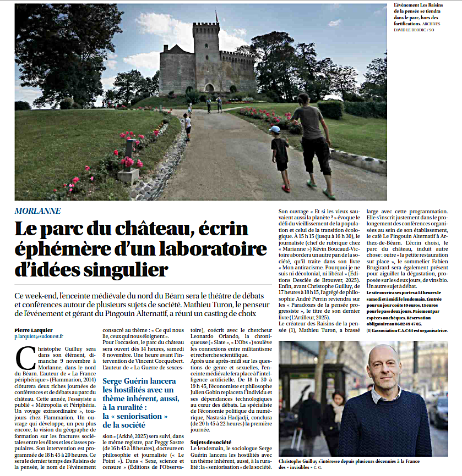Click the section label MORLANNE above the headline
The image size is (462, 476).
[37, 211]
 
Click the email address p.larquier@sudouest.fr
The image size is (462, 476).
[39, 336]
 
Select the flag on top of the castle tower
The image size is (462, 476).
[217, 16]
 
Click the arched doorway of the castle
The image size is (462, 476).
[209, 87]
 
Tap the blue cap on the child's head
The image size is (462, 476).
[275, 129]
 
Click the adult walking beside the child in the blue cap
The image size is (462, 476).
[312, 143]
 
